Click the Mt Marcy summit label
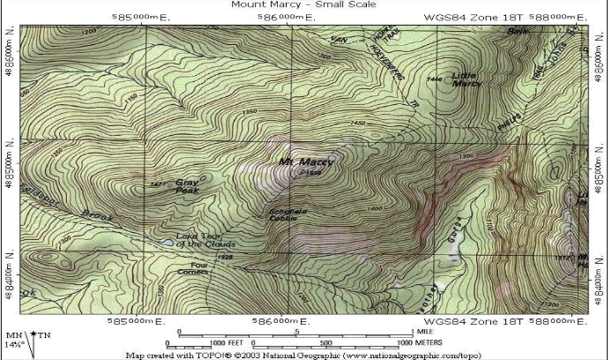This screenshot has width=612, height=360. tap(305, 162)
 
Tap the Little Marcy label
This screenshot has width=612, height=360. tap(466, 79)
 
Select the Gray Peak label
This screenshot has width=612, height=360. tap(187, 185)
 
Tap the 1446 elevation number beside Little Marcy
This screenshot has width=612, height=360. tap(433, 79)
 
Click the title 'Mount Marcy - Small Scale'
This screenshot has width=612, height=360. tap(302, 4)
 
